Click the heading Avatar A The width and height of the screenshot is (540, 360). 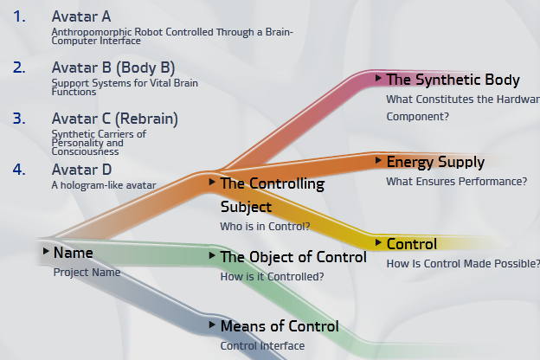[81, 16]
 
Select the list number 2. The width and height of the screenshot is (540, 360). [20, 67]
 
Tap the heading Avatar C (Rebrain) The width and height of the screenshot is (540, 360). [115, 118]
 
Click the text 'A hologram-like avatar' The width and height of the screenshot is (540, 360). [104, 184]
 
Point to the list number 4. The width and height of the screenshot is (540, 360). [20, 170]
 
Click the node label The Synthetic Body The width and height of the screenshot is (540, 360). [453, 80]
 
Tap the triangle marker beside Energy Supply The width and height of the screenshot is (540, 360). [378, 160]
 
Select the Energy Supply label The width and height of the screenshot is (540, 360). [435, 162]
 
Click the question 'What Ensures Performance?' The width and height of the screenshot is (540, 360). [456, 181]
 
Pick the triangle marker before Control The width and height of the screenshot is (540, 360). [378, 242]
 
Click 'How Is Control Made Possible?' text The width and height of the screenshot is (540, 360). [463, 263]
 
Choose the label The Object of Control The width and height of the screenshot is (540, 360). [293, 257]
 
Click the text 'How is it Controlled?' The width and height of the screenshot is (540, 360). [273, 277]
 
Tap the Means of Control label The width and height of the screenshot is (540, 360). [280, 326]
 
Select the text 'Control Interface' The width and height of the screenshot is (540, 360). [262, 346]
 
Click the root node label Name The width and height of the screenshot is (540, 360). [73, 253]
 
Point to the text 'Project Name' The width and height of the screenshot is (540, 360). [87, 272]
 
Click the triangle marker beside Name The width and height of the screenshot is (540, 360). [45, 251]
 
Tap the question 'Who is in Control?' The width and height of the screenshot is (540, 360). [265, 227]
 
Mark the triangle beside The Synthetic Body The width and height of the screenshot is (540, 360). [378, 78]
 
